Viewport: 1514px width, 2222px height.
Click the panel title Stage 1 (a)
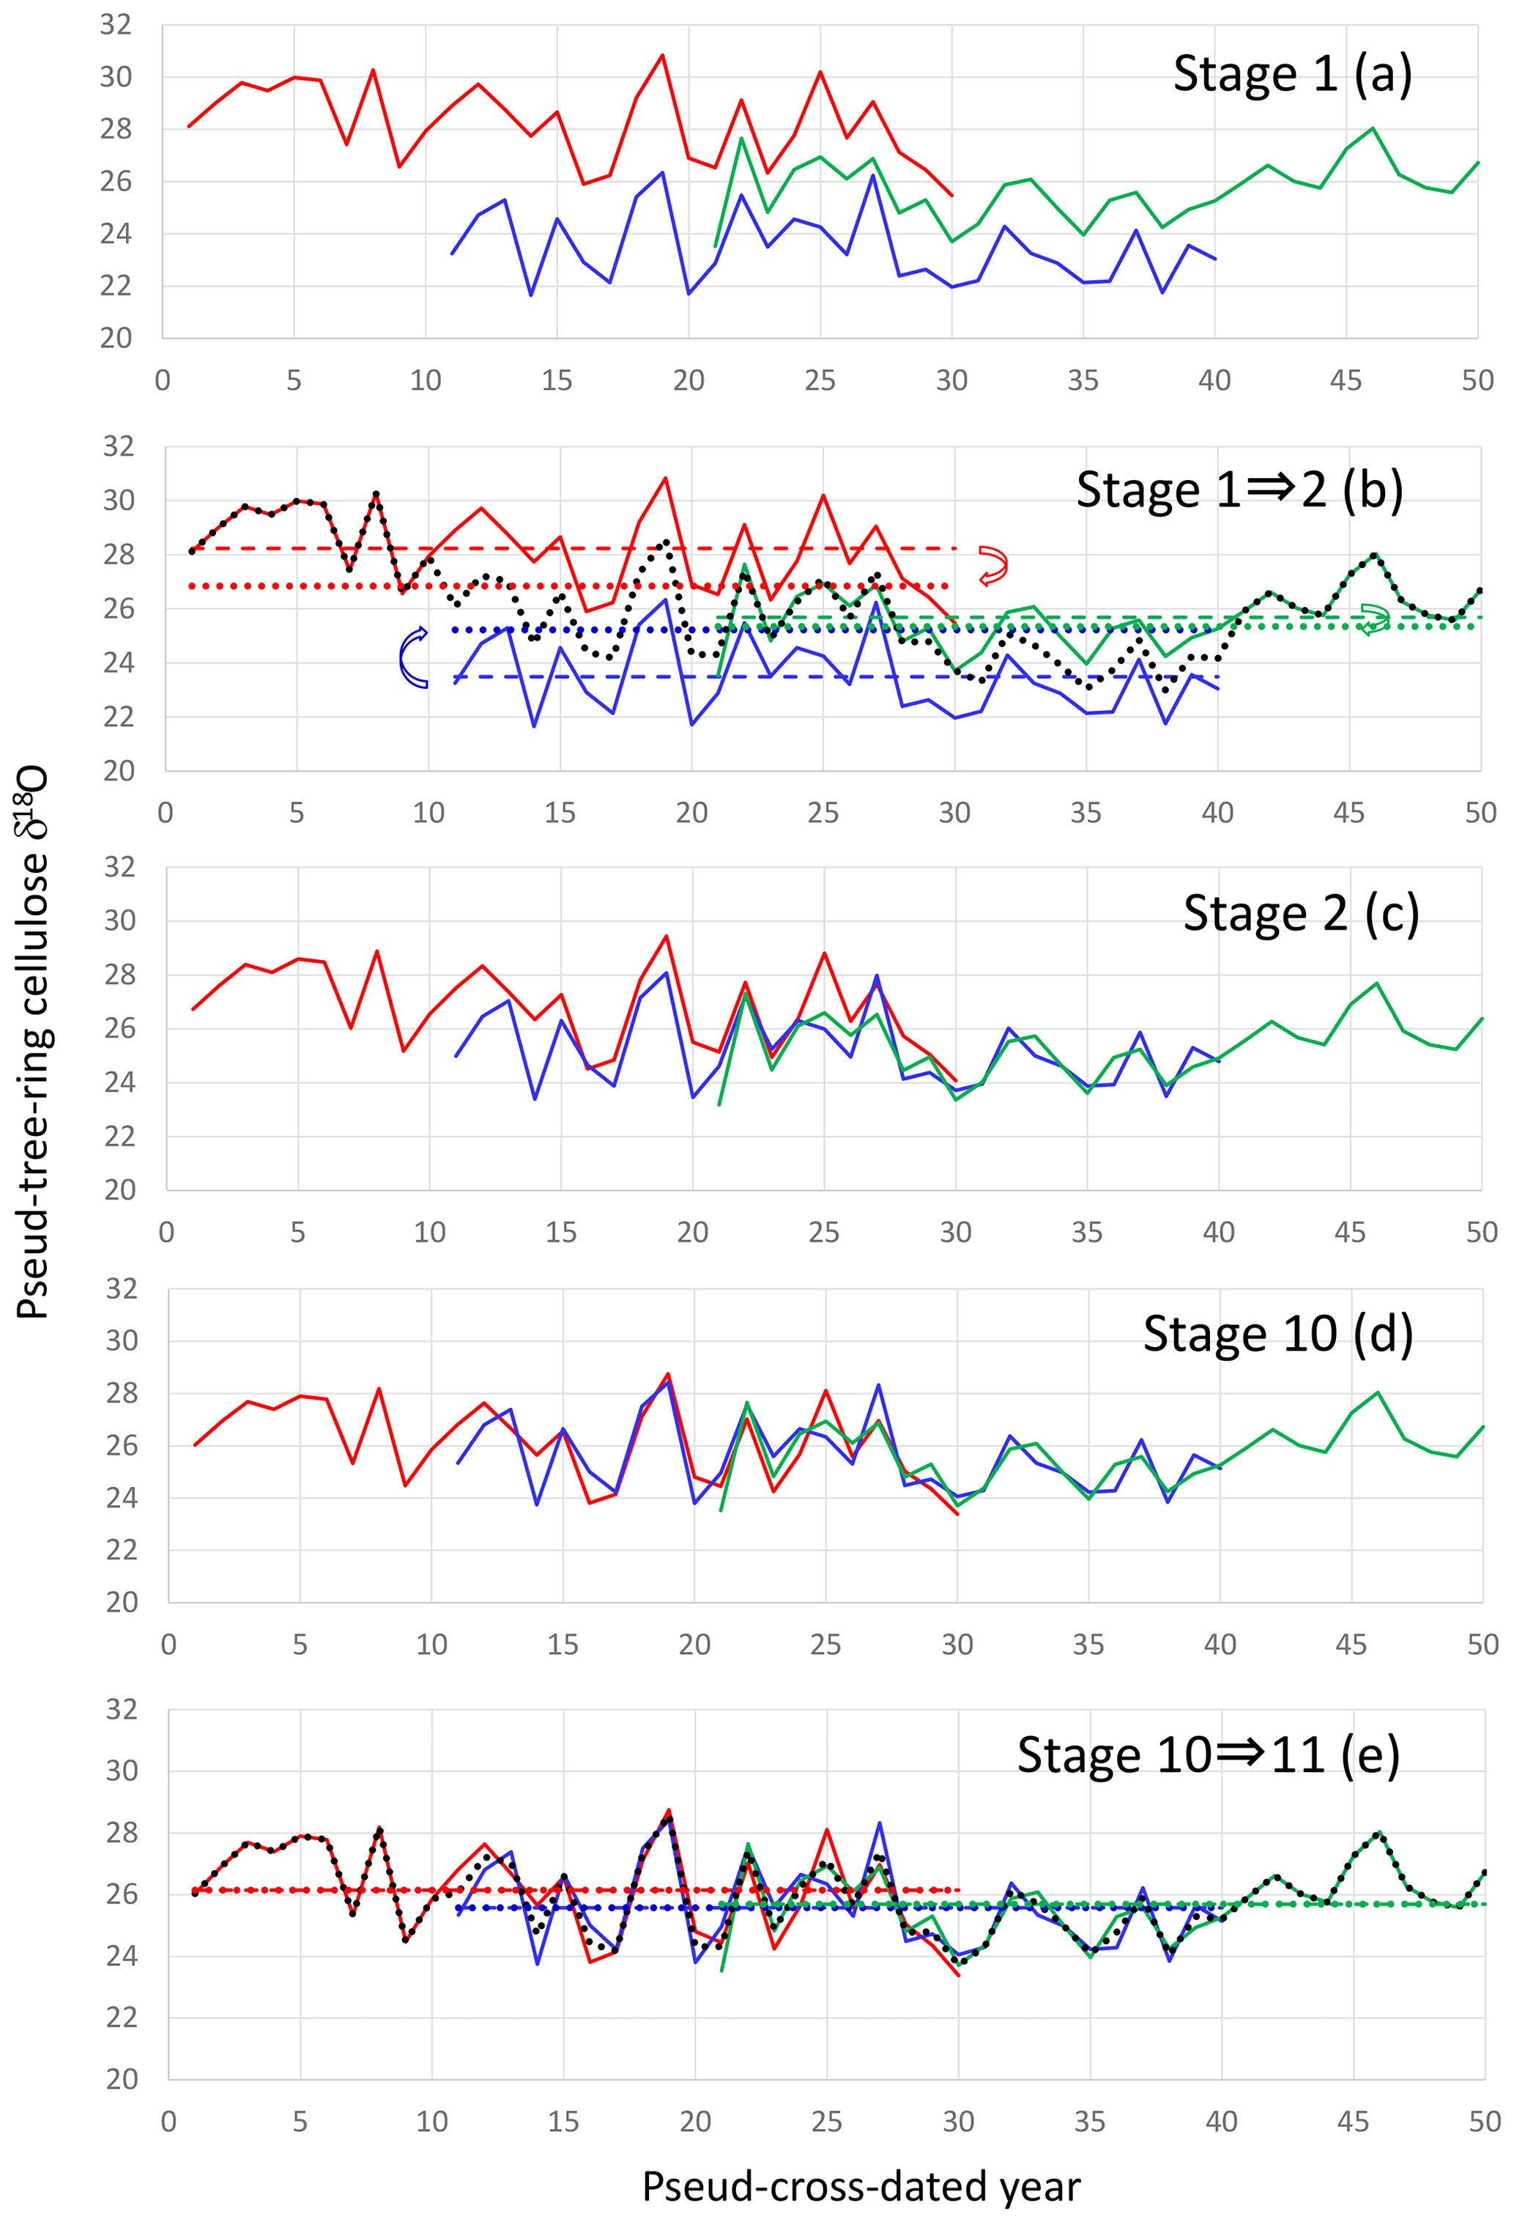[1291, 75]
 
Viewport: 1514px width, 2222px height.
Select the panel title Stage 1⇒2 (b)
[1239, 490]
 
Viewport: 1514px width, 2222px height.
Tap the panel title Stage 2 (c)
[1301, 914]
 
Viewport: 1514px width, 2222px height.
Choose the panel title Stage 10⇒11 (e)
[1207, 1754]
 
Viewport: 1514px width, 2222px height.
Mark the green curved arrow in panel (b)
[1374, 619]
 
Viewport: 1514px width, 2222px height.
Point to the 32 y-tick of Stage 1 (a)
[116, 25]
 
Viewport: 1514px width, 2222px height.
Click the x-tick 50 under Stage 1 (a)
[1477, 380]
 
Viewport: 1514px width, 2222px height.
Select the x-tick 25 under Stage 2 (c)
[824, 1233]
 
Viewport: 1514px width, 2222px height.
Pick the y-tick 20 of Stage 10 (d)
[122, 1603]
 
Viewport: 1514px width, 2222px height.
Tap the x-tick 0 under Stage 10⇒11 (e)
[168, 2122]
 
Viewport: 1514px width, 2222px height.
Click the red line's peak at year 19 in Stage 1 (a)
[662, 56]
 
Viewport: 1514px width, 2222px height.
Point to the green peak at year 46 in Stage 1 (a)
[1373, 128]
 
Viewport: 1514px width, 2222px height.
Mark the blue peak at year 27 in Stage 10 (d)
[878, 1385]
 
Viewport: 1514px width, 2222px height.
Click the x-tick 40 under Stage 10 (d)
[1220, 1645]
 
